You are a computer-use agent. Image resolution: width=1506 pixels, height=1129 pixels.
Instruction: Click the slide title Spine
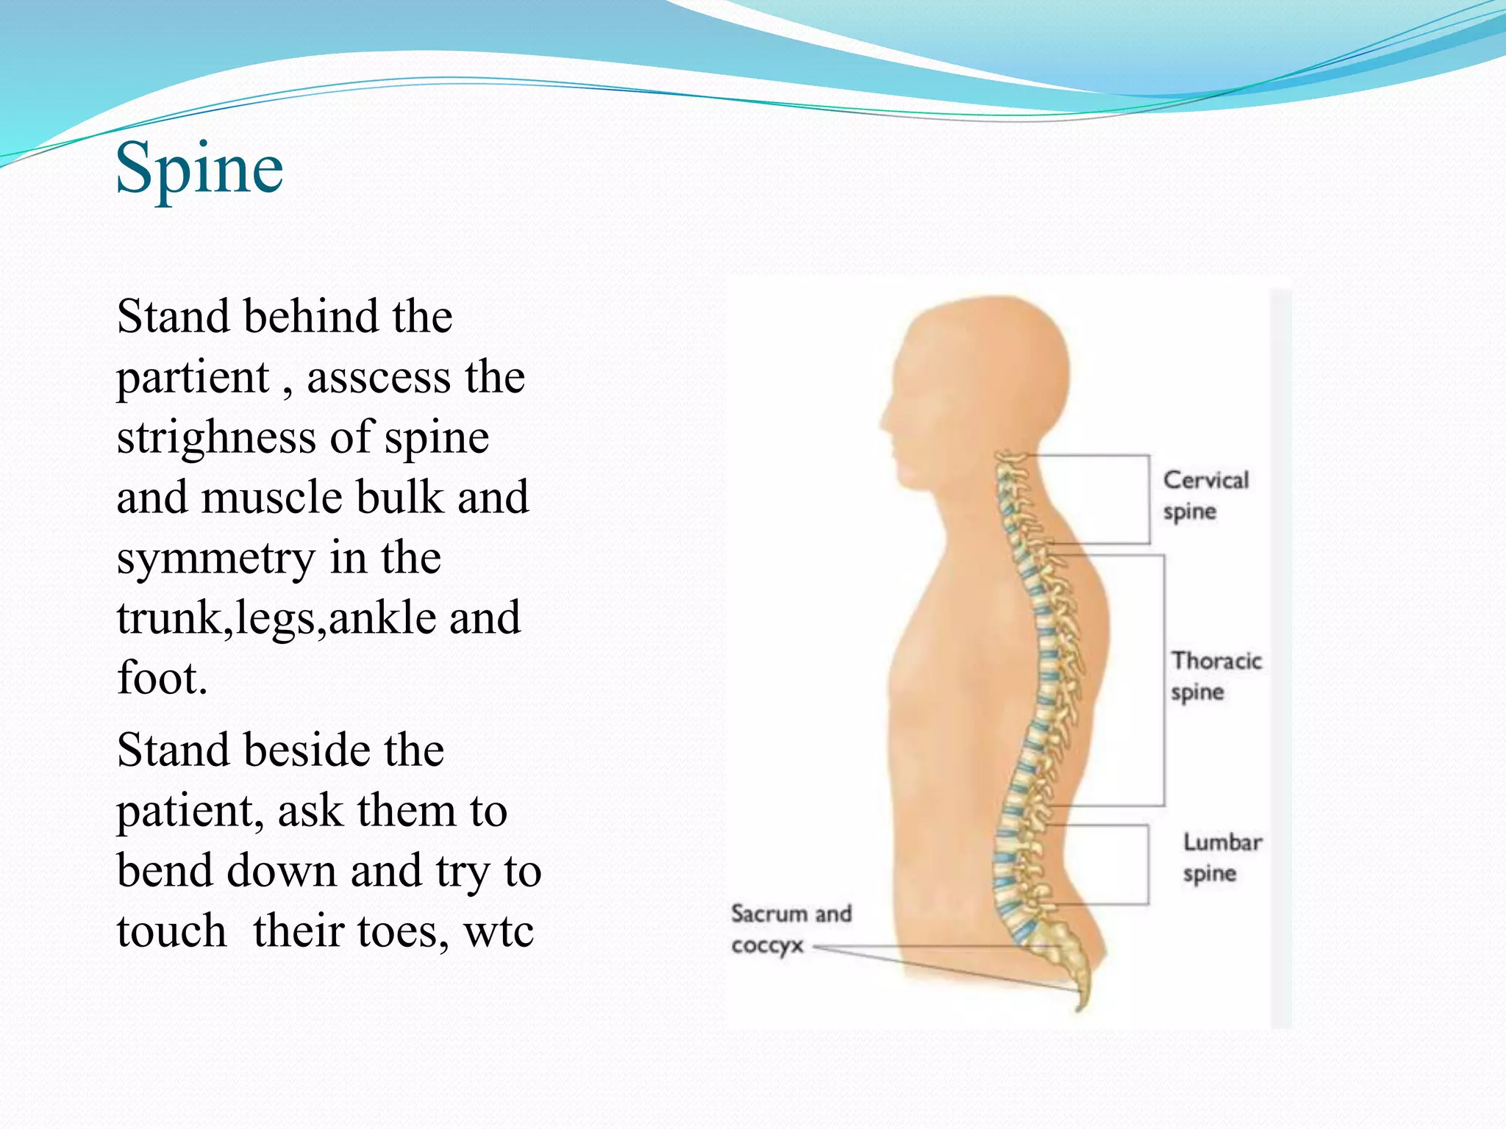click(x=199, y=169)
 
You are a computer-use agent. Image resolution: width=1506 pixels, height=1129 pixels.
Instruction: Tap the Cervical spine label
click(x=1205, y=495)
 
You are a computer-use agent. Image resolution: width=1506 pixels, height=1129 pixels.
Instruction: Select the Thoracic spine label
click(x=1216, y=676)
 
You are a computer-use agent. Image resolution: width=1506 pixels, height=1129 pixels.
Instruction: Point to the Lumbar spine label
click(x=1221, y=857)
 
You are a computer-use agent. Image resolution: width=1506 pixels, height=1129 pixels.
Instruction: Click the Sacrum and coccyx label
click(x=790, y=929)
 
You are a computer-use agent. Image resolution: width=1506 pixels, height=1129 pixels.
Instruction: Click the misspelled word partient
click(x=193, y=378)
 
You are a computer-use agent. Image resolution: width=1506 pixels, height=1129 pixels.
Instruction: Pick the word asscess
click(x=378, y=378)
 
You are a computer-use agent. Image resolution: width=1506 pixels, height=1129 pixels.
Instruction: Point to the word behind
click(x=311, y=317)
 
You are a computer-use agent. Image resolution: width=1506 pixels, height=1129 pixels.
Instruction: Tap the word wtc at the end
click(x=498, y=931)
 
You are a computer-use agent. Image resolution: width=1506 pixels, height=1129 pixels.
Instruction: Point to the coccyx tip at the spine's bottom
click(x=1079, y=1006)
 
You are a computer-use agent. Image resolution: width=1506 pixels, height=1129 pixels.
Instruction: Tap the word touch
click(x=171, y=931)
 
